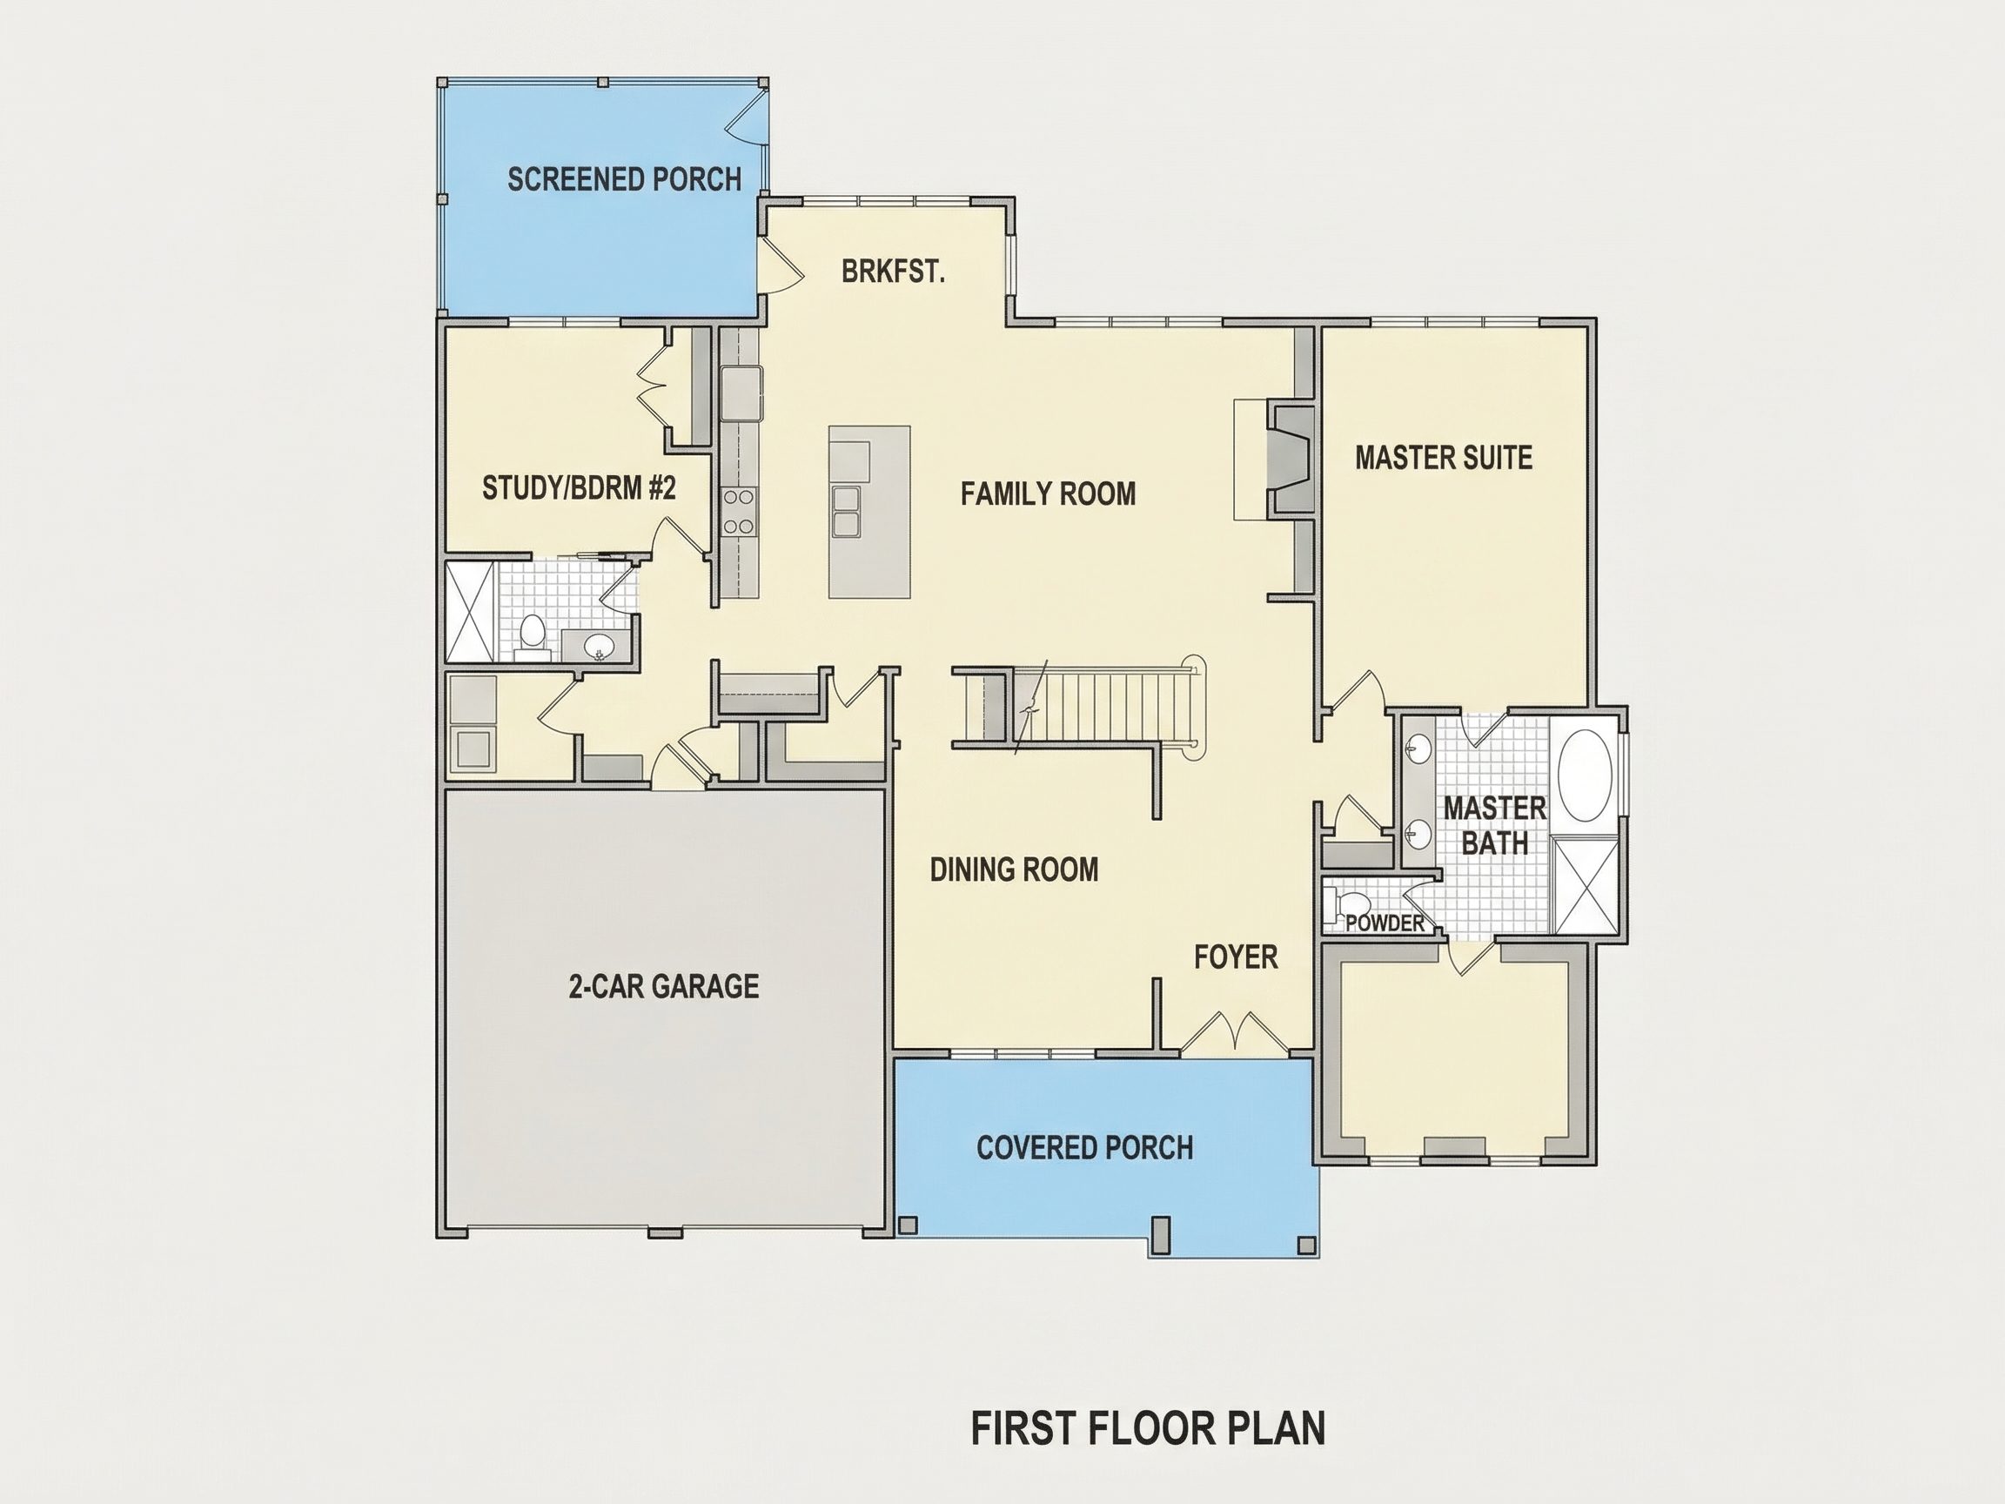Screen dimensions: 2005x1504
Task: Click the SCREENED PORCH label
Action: (x=625, y=179)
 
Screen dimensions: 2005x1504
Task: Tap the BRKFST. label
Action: (x=893, y=271)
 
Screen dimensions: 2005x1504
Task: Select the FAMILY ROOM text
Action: (x=1048, y=493)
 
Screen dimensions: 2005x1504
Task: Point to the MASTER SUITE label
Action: (x=1444, y=457)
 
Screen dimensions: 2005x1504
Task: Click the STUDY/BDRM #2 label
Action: (x=580, y=487)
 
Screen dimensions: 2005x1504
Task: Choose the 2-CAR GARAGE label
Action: (x=663, y=985)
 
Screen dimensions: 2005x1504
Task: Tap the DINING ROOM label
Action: (x=1015, y=869)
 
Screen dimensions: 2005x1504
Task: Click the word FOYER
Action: (x=1236, y=957)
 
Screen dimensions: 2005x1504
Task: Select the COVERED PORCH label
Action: (x=1085, y=1148)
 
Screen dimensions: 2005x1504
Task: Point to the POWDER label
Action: (x=1385, y=923)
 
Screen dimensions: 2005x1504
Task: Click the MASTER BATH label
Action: (x=1495, y=825)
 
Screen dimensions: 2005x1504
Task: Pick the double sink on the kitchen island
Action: (x=847, y=512)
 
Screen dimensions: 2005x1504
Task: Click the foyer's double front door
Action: (x=1235, y=1034)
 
